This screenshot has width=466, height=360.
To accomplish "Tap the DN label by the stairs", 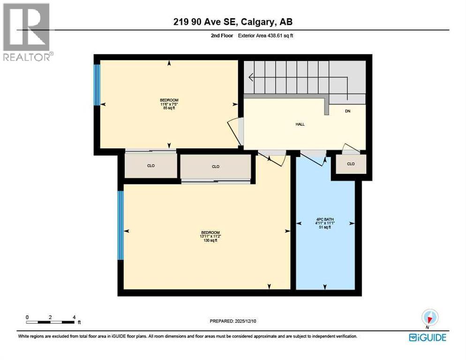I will click(x=347, y=111).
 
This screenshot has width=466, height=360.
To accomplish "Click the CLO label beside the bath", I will click(x=351, y=164).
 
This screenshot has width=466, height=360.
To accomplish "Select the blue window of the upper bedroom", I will click(x=97, y=84).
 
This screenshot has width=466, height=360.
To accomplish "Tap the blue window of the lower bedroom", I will click(x=120, y=225).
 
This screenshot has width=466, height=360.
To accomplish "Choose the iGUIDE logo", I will click(x=427, y=337).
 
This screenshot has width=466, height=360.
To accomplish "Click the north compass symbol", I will click(x=429, y=317).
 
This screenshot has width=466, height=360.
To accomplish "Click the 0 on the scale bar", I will click(x=28, y=317).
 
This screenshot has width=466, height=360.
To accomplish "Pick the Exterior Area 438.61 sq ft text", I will click(x=266, y=36).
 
